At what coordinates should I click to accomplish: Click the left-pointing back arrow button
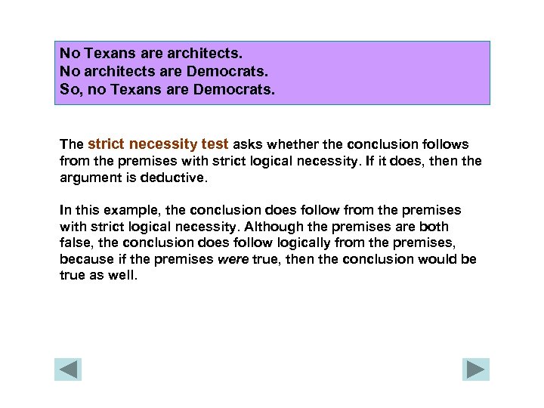(x=68, y=369)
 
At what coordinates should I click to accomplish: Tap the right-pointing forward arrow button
(x=476, y=369)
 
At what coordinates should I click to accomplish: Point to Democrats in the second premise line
(x=229, y=72)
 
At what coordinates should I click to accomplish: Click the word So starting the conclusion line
(x=69, y=91)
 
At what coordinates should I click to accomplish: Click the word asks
(x=248, y=144)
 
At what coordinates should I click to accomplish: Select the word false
(x=75, y=243)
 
